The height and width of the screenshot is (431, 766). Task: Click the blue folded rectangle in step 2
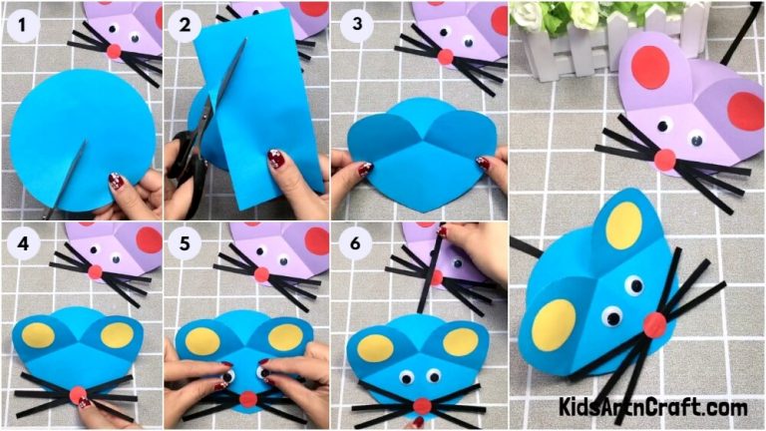(259, 100)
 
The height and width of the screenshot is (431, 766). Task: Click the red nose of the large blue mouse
(655, 323)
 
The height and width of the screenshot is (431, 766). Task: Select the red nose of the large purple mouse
(663, 159)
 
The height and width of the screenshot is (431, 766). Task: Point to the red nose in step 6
(422, 405)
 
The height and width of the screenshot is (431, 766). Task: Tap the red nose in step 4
(78, 395)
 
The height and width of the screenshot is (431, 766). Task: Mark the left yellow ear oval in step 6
(376, 348)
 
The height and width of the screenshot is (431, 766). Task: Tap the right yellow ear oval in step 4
(117, 334)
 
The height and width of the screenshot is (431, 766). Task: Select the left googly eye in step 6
(407, 377)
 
